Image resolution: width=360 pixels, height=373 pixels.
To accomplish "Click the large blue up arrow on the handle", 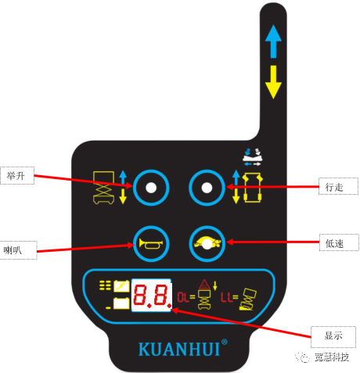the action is (x=273, y=41).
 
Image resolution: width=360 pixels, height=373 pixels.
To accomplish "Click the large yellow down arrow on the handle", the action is (x=273, y=82).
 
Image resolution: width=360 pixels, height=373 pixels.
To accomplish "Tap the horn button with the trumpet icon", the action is (x=151, y=244).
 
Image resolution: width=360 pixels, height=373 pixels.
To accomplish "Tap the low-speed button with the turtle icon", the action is (x=207, y=244).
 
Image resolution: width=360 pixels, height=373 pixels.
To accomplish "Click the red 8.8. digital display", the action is (x=152, y=295).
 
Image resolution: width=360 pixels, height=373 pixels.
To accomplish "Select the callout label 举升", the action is (x=17, y=176).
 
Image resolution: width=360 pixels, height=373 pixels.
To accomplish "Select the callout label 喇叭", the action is (x=18, y=250).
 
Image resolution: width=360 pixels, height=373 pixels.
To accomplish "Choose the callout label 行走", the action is (x=338, y=186).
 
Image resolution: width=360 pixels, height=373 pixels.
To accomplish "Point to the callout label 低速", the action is (x=339, y=242).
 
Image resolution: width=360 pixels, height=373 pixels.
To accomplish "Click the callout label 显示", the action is (x=333, y=336).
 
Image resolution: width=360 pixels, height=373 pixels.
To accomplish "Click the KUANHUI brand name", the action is (x=179, y=349).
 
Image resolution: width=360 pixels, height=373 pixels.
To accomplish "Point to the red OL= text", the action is (x=186, y=297).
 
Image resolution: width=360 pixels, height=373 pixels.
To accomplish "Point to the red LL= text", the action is (x=229, y=297).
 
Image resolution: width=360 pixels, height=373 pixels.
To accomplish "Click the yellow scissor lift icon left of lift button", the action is (x=103, y=187).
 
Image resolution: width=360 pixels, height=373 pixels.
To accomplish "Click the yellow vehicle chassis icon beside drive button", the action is (x=253, y=188).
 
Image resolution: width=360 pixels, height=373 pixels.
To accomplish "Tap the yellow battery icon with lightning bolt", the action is (x=121, y=286).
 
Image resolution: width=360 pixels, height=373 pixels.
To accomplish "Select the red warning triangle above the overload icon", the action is (x=204, y=285).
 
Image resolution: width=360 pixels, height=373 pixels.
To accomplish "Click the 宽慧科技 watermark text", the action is (x=332, y=357).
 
